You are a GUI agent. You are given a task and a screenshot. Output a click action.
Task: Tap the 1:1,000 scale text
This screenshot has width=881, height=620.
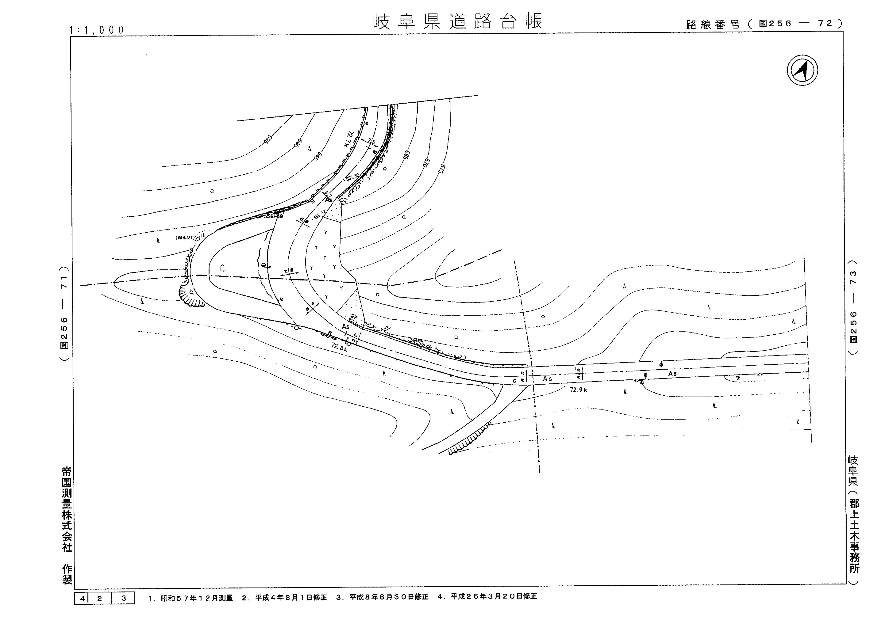coord(97,30)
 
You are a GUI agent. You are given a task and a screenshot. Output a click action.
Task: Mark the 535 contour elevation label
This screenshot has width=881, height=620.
coord(267,139)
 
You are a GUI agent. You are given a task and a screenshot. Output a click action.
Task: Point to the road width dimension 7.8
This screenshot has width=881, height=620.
coord(289,271)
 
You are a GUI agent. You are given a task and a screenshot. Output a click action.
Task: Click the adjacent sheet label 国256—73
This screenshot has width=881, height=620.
coord(853,307)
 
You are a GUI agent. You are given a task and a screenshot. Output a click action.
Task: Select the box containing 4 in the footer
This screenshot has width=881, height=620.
coord(82,598)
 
